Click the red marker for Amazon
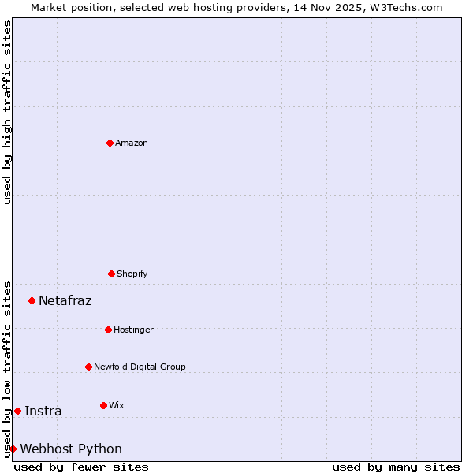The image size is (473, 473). pos(110,143)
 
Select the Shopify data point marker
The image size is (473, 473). pos(111,274)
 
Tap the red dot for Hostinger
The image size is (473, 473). pos(108,330)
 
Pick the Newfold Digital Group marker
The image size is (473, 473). pos(88,367)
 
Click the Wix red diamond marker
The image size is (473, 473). pos(103,405)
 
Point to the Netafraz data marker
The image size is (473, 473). pos(32,300)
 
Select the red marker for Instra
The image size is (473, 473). pos(17,411)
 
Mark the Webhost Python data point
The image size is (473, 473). pos(13,449)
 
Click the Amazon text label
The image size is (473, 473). pos(132,143)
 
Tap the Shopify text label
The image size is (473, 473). pos(132,274)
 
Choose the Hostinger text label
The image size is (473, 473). pos(133,330)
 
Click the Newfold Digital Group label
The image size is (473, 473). pos(140,367)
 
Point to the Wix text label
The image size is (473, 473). pos(117,406)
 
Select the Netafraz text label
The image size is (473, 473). pos(65,300)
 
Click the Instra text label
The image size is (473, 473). pos(43,411)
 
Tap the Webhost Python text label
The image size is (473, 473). pos(71,449)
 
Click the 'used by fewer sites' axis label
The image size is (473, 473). pos(81,467)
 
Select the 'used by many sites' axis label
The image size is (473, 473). pos(396,467)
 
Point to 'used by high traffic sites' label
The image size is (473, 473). pos(7,112)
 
